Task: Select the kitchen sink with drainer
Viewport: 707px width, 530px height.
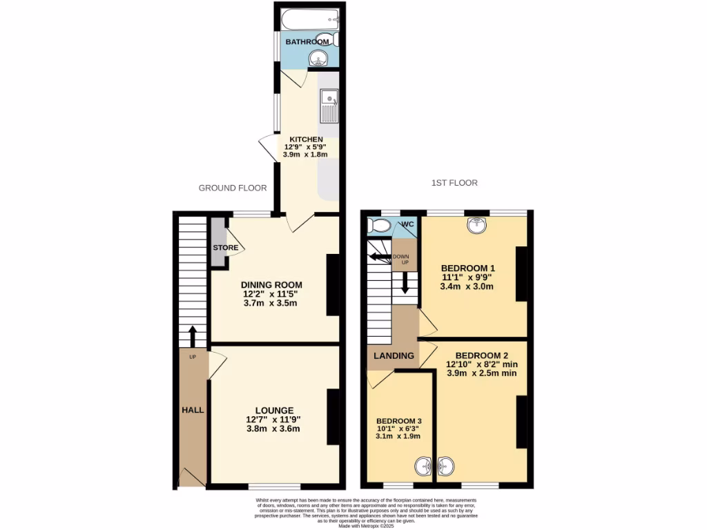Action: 328,107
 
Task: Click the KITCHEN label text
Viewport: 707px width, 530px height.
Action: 306,139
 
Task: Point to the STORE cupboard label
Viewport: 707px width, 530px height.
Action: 225,248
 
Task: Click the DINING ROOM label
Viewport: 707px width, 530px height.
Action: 271,284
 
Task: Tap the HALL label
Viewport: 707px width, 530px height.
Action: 192,410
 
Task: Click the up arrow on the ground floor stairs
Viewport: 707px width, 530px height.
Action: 192,336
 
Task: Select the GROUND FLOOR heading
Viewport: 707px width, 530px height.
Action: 233,188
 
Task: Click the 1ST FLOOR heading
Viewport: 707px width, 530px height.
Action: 454,183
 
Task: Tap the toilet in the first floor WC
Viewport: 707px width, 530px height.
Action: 380,226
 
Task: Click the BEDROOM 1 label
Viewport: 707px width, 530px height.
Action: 468,268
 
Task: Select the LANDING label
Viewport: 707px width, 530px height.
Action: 394,355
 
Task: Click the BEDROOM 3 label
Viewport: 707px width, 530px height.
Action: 398,421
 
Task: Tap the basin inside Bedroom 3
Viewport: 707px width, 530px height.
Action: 424,468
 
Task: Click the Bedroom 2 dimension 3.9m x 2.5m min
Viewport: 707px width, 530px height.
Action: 482,373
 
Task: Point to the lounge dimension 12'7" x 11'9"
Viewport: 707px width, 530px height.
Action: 274,419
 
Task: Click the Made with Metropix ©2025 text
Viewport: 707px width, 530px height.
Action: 367,527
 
